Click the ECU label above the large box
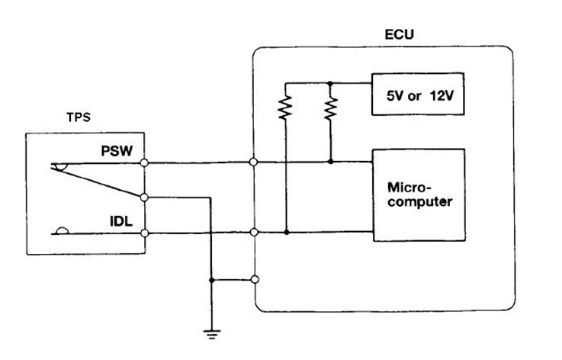(400, 34)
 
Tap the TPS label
(79, 117)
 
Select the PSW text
(117, 150)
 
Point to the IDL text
(121, 221)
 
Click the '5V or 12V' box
(418, 94)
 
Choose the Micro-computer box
(419, 194)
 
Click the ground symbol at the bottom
(212, 334)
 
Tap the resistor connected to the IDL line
(285, 107)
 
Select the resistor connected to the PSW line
(330, 108)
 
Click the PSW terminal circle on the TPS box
(144, 162)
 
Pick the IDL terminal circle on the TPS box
(145, 233)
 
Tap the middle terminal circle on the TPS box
(144, 198)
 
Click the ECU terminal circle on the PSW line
(253, 162)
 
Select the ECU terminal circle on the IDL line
(254, 233)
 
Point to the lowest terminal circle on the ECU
(255, 279)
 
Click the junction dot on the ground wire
(211, 280)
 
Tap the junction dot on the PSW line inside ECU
(330, 162)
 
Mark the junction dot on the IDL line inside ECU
(287, 233)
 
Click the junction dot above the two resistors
(330, 83)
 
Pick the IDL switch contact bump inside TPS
(63, 230)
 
